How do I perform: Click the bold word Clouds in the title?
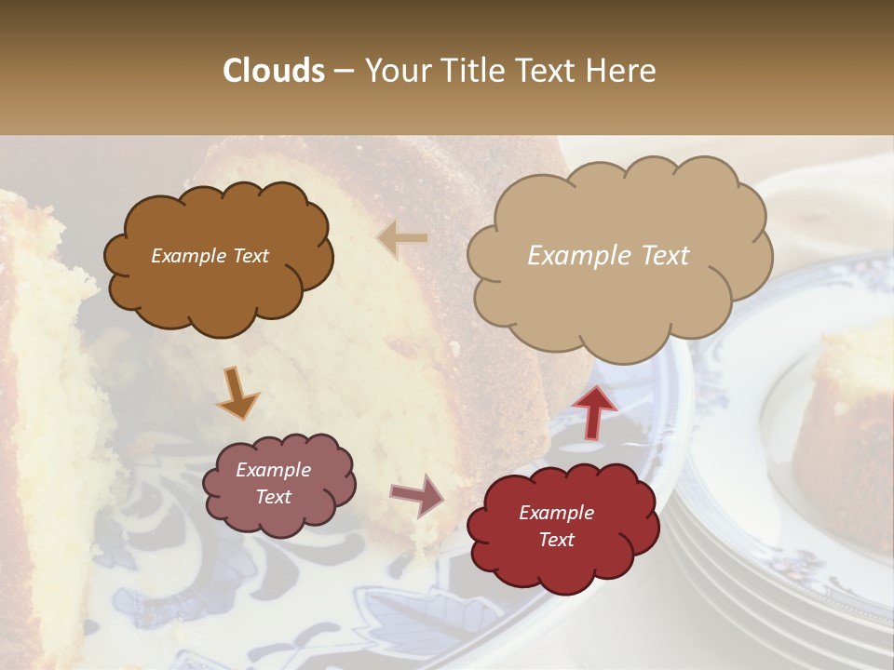[x=274, y=71]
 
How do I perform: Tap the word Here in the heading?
[x=620, y=71]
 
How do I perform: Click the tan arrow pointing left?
[x=402, y=239]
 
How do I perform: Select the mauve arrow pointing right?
[x=417, y=495]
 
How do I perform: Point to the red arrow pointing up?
[x=594, y=409]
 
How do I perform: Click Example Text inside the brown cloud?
[x=210, y=256]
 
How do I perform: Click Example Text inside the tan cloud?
[x=608, y=256]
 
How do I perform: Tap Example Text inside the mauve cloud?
[x=273, y=483]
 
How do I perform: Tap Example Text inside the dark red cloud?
[x=556, y=526]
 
